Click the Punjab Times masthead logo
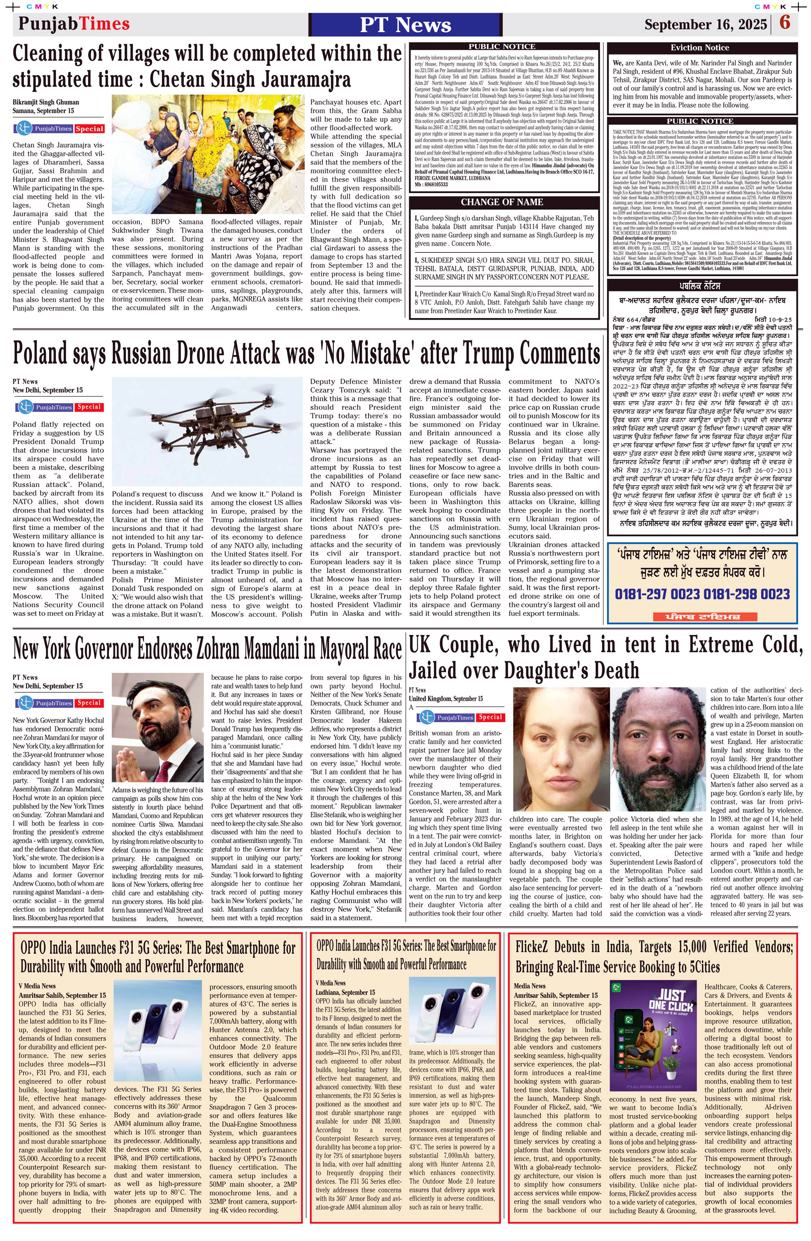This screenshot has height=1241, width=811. point(74,24)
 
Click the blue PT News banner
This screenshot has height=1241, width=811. point(405,24)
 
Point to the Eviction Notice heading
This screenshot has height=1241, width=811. point(699,47)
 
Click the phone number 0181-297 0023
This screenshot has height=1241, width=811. point(658,594)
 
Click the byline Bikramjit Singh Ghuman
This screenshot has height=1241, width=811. point(46,102)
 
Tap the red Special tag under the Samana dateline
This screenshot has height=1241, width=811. point(90,129)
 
